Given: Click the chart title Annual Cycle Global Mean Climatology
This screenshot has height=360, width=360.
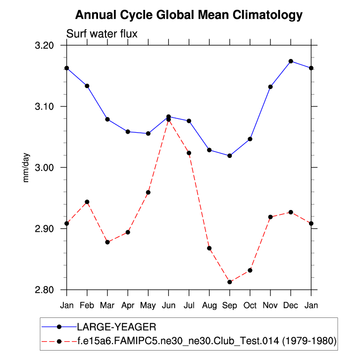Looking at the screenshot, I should coord(189,15).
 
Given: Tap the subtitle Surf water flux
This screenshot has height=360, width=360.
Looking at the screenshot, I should coord(102,34).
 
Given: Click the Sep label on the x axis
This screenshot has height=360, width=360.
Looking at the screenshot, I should coord(229,305).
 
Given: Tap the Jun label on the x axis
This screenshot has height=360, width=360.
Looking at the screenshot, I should coord(168,305).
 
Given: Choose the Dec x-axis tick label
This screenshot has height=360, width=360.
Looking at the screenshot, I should coord(291,305).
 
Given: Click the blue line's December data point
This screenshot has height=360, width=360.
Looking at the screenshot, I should coord(291,61).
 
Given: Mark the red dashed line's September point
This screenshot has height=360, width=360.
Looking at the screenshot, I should coord(230,282).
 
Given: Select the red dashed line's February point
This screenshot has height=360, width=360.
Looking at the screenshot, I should coord(87,202).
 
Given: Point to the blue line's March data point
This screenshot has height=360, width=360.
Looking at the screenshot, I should coord(107,119).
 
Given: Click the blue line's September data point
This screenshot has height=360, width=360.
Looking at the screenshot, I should coord(230,156).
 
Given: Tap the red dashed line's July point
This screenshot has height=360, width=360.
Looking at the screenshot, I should coord(189,153).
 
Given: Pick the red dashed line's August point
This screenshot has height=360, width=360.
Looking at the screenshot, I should coord(209,248).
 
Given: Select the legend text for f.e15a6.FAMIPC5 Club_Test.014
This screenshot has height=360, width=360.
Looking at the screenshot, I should coord(206,341).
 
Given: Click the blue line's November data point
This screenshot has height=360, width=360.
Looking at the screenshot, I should coord(270,87).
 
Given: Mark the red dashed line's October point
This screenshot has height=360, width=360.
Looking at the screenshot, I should coord(250,270).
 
